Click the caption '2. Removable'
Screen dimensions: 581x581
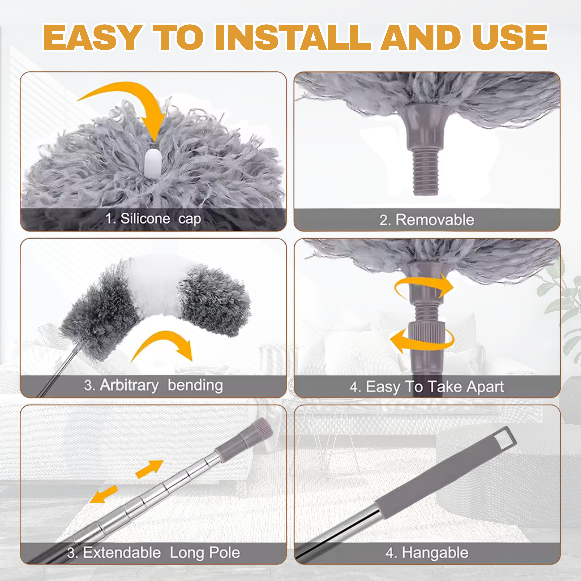pos(426,220)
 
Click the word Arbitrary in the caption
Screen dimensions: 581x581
pos(129,385)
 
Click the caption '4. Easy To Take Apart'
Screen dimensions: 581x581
pos(426,387)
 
